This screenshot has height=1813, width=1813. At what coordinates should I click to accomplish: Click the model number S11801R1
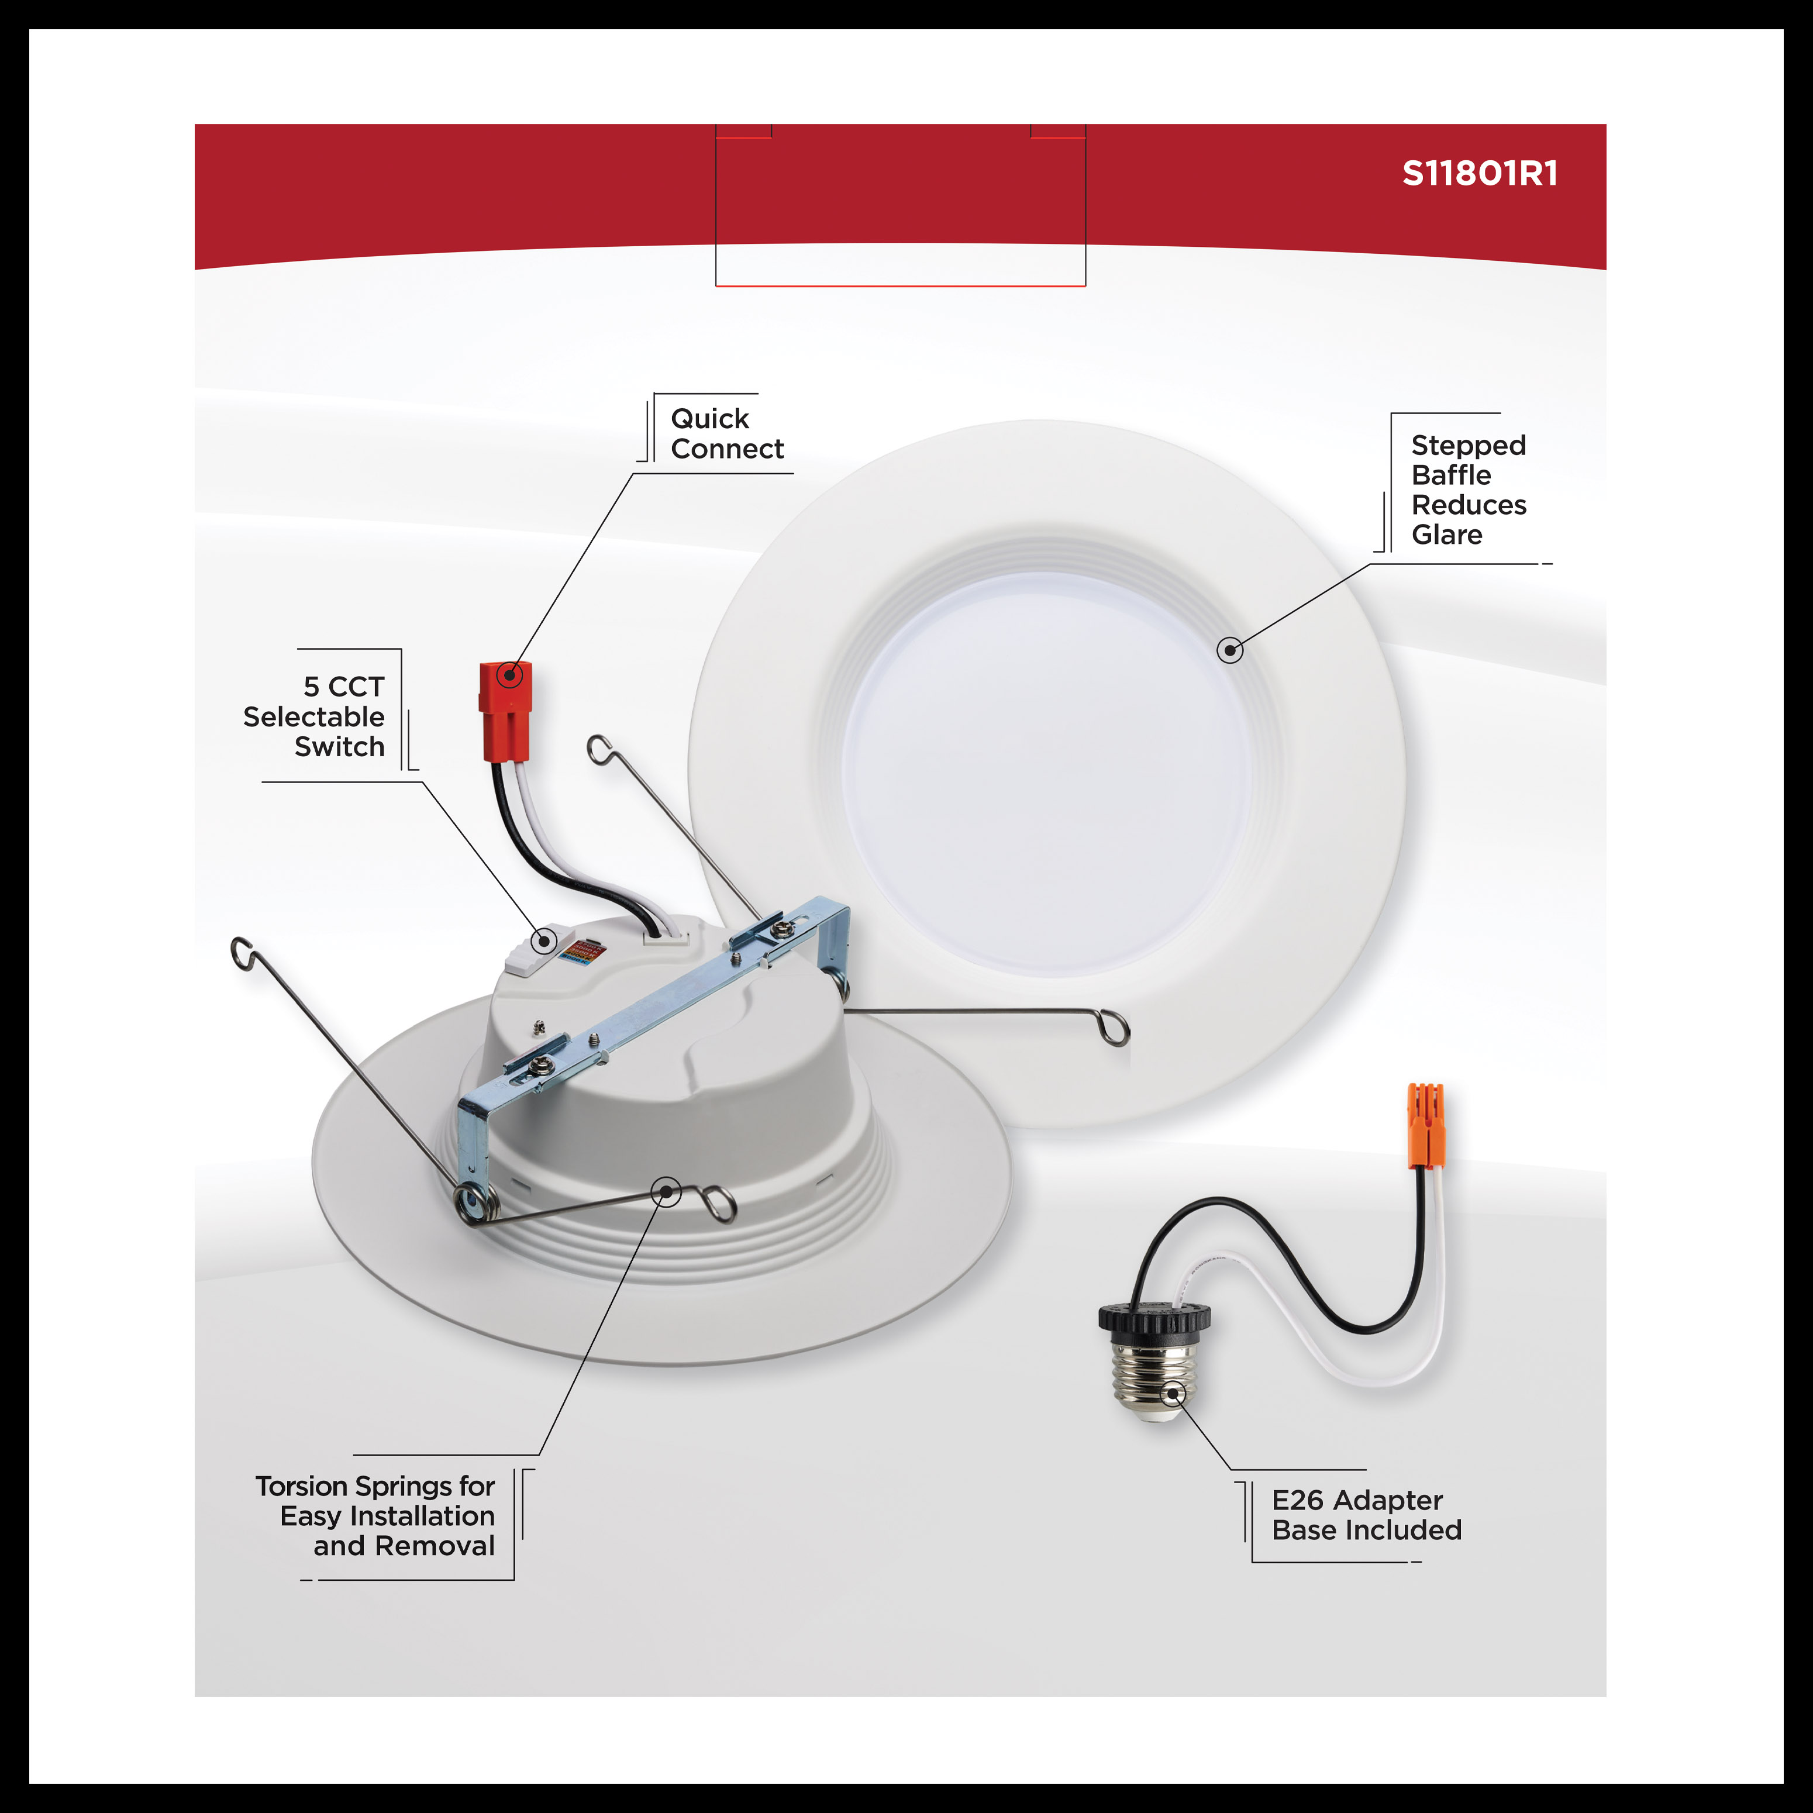(x=1479, y=174)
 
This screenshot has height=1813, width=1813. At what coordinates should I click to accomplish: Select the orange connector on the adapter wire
(x=1425, y=1125)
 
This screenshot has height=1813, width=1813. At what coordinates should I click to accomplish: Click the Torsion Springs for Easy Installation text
(x=376, y=1515)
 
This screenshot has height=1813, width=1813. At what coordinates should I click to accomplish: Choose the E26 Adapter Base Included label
(x=1366, y=1515)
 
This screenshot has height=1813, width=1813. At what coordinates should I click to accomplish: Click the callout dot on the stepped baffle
(x=1229, y=649)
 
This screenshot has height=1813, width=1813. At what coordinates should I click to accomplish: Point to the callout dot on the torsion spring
(x=666, y=1192)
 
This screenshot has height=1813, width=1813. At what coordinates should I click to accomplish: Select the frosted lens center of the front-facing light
(x=1046, y=775)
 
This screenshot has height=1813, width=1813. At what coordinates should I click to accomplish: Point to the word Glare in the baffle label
(x=1446, y=535)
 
